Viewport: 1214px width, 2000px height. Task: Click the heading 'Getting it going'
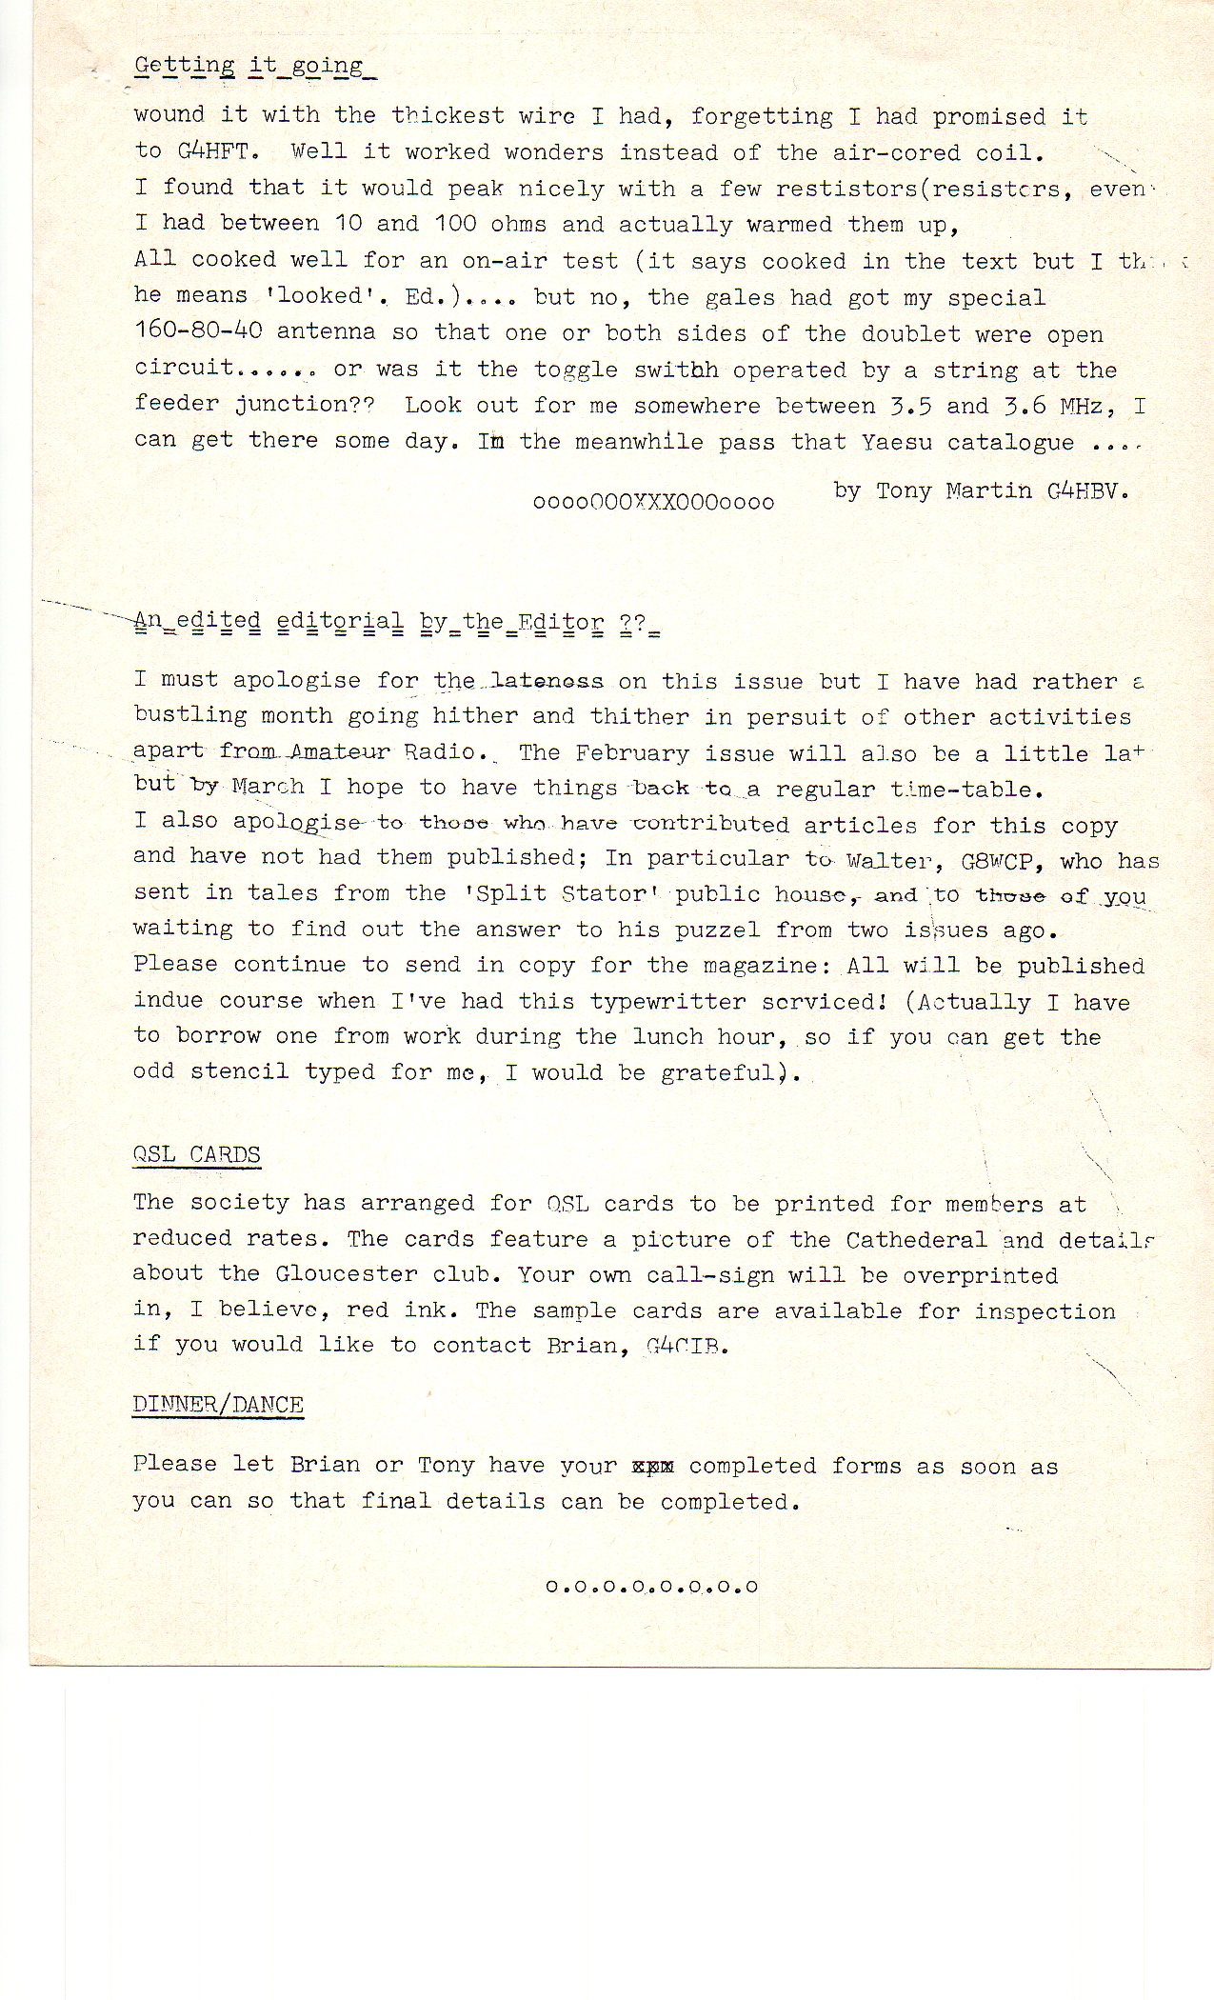pos(249,67)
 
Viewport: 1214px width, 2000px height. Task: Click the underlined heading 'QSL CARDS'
pos(197,1155)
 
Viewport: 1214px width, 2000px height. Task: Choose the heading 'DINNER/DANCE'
pos(218,1406)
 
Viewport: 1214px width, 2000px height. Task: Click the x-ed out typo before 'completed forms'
pos(653,1467)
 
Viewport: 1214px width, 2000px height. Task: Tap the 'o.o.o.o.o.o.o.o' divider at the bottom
pos(652,1588)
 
